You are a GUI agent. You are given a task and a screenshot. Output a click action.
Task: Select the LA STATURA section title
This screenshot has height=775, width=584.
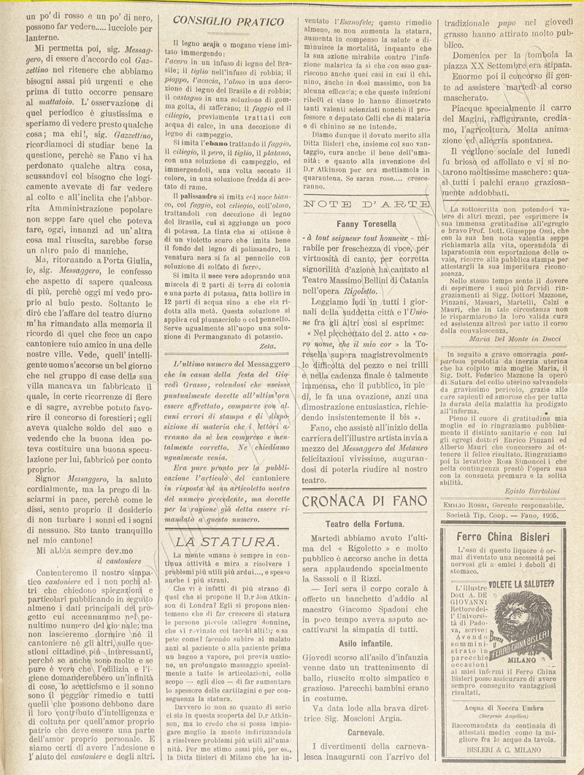(x=227, y=541)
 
